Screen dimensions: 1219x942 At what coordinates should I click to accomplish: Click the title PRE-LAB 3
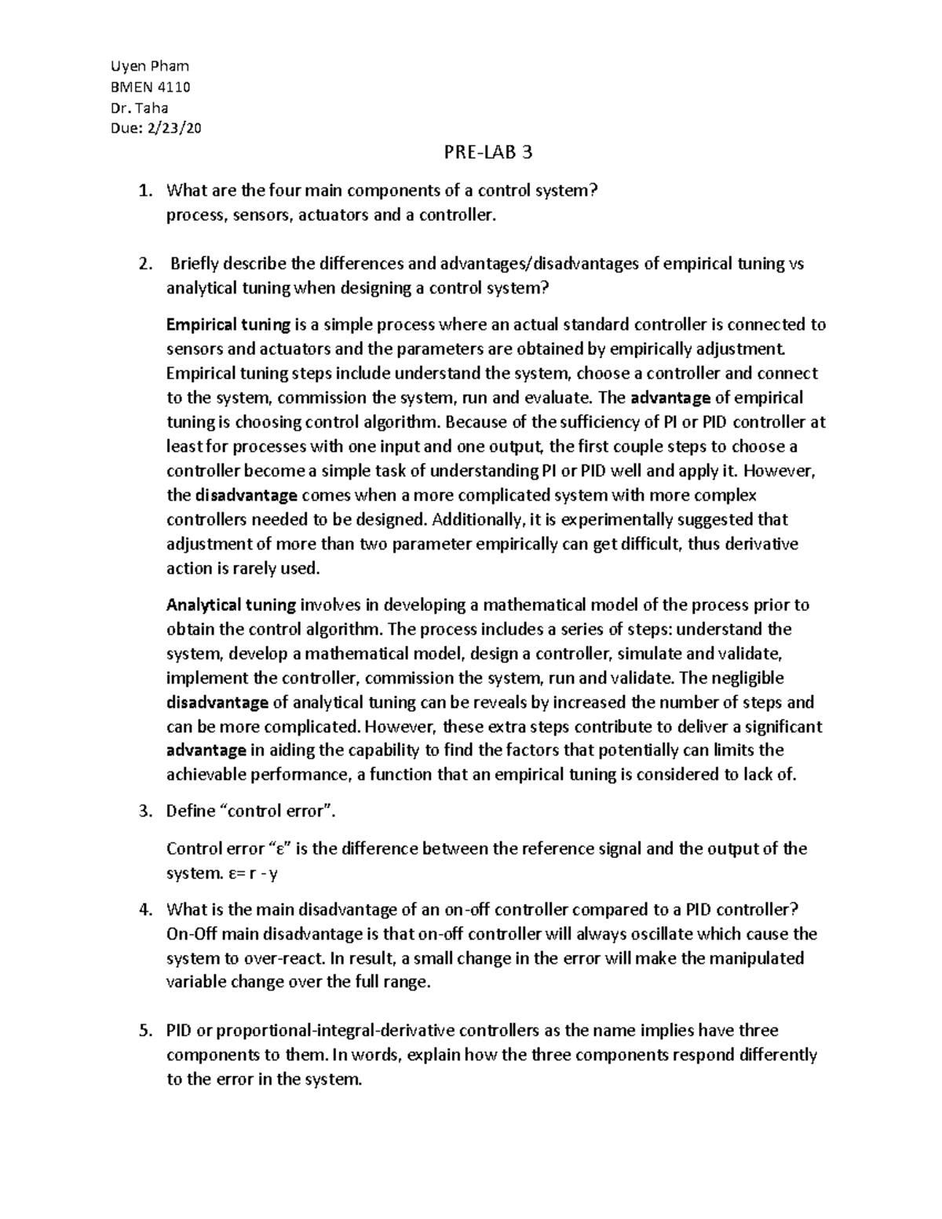(487, 152)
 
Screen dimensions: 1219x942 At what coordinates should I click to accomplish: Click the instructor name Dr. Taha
(141, 108)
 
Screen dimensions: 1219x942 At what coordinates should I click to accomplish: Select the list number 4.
(143, 910)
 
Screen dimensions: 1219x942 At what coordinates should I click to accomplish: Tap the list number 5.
(143, 1031)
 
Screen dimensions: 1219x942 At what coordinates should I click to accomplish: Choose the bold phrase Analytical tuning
(231, 605)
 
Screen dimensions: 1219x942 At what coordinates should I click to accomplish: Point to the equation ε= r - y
(250, 873)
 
